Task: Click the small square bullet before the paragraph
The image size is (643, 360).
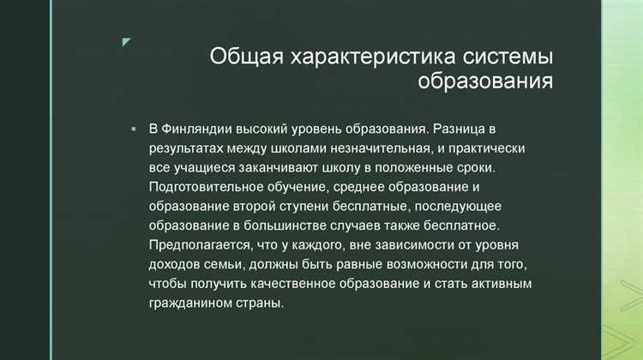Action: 134,129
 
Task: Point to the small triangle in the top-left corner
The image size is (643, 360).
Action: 126,42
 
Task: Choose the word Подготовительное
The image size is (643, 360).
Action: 206,187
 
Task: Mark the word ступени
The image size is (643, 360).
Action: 321,206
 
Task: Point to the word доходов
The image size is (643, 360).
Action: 176,264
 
